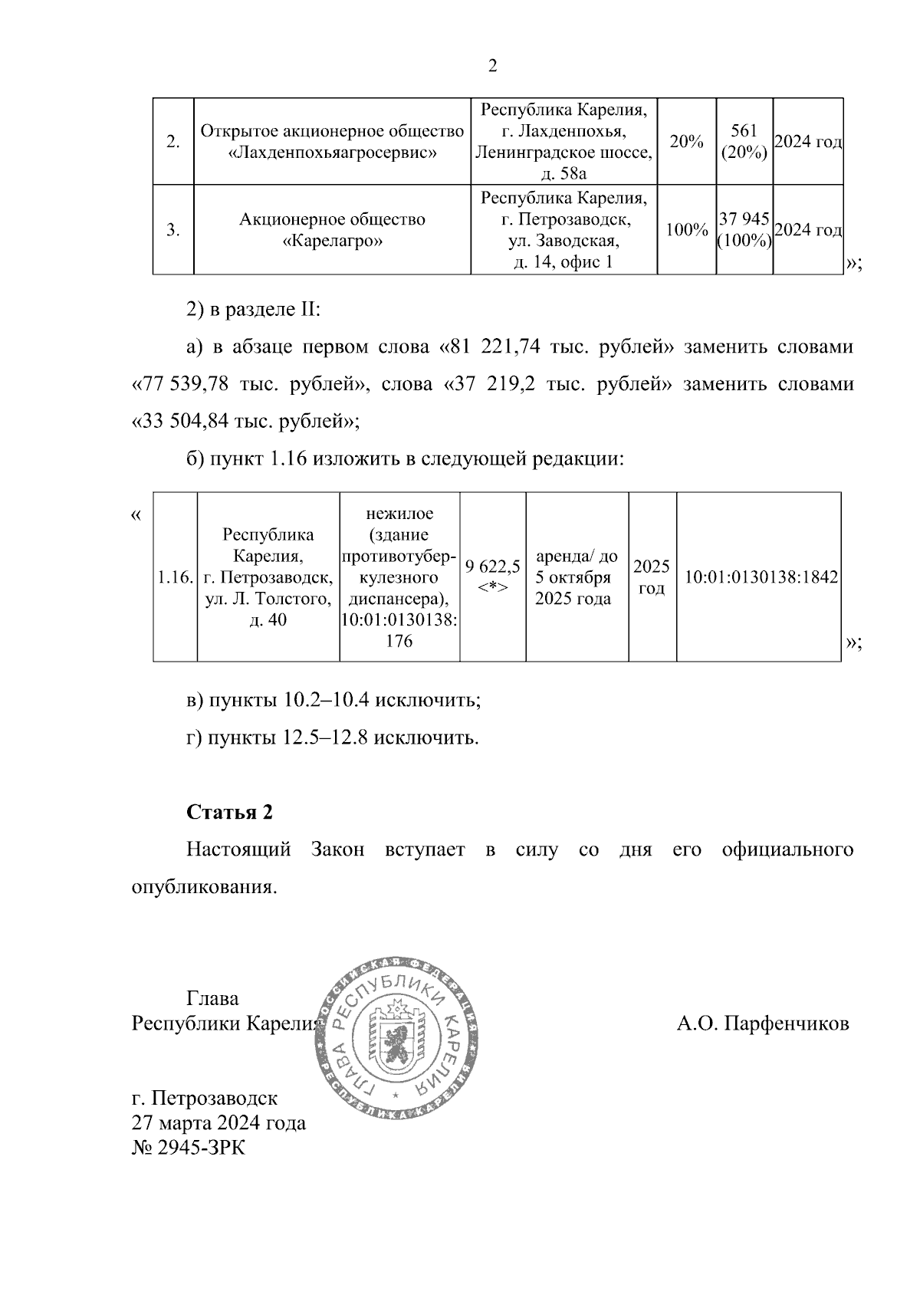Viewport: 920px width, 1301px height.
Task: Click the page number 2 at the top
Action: (493, 66)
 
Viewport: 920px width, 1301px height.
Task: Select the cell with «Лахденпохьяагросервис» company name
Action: (332, 142)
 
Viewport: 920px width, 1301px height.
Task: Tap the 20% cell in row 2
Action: (686, 142)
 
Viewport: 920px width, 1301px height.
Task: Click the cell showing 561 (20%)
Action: (744, 142)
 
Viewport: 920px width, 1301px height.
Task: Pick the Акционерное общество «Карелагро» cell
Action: (332, 230)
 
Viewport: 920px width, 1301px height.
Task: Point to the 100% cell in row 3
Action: (686, 230)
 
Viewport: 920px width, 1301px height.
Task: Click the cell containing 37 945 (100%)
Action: (744, 230)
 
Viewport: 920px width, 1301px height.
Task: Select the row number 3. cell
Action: (173, 230)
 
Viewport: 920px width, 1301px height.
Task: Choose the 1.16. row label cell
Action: (175, 577)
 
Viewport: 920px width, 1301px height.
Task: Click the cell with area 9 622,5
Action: (493, 577)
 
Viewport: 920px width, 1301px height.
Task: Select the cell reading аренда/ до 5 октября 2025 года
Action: (577, 577)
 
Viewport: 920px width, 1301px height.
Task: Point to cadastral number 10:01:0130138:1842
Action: (759, 577)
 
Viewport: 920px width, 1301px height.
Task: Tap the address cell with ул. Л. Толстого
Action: (268, 577)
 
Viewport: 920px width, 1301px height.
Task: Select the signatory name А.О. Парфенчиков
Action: (763, 1023)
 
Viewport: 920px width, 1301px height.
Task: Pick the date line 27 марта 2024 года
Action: (219, 1123)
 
